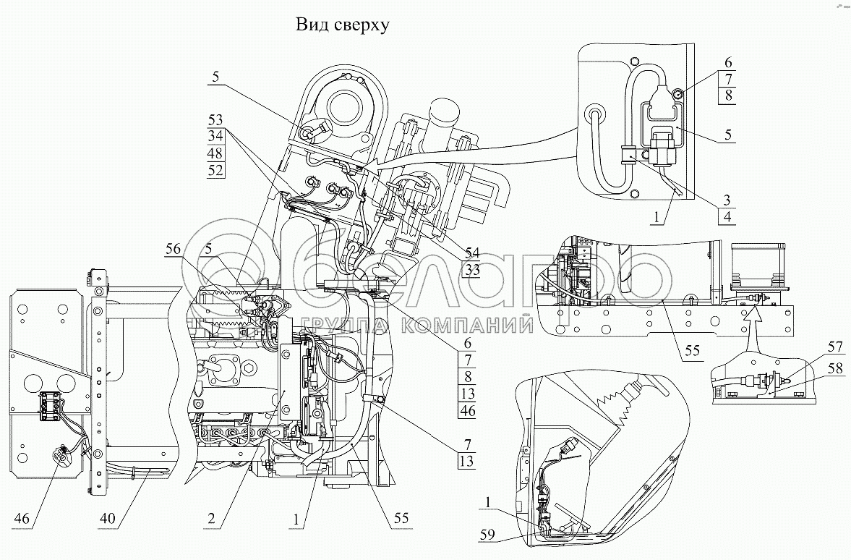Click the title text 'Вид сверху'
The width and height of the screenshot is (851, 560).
coord(342,25)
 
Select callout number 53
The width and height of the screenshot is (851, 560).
coord(215,119)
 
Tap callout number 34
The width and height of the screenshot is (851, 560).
coord(215,136)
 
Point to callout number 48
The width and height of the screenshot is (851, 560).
coord(215,153)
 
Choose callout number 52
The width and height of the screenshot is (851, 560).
coord(215,170)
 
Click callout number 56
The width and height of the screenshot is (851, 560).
coord(173,249)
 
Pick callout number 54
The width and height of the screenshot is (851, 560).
coord(472,252)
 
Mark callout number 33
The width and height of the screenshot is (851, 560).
coord(472,269)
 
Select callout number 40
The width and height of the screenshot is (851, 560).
coord(108,518)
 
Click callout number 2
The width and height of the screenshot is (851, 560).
coord(211,518)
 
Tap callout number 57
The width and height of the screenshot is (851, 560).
coord(835,347)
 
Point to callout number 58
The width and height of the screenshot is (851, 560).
coord(835,368)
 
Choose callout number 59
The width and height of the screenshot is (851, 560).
coord(487,535)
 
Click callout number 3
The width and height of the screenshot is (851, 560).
coord(727,200)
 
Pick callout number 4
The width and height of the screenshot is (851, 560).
coord(727,217)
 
